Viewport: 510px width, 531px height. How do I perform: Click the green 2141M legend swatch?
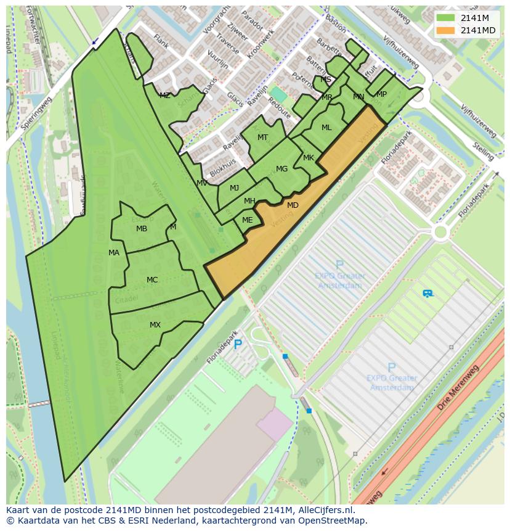tap(445, 18)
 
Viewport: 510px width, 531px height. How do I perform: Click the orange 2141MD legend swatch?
tap(445, 30)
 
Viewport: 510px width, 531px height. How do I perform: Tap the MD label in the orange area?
tap(293, 205)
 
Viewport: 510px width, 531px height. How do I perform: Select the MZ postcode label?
tap(164, 96)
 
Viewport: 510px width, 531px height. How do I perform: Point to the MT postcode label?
tap(262, 138)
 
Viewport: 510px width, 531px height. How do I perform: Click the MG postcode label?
tap(281, 169)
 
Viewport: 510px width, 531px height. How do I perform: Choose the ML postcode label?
tap(326, 128)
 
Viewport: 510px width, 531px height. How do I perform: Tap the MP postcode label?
tap(381, 94)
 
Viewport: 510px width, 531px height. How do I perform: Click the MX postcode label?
tap(155, 325)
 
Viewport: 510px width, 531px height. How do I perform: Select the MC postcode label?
tap(152, 280)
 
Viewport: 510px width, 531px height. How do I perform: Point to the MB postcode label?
tap(142, 229)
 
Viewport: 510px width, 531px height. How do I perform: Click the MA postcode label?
tap(114, 253)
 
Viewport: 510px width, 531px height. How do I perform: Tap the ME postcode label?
tap(247, 220)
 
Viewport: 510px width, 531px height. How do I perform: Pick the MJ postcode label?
tap(234, 188)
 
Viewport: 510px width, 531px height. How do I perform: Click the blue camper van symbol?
tap(427, 294)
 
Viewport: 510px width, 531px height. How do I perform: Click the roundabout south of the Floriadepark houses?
tap(440, 233)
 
